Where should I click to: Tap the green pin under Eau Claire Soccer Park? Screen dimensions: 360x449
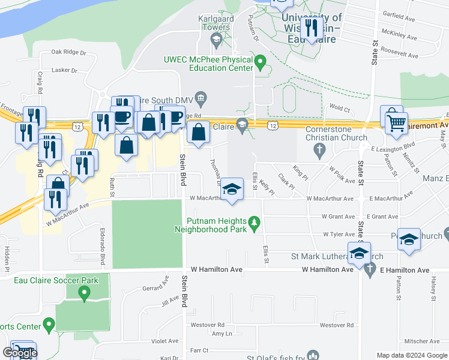(84, 293)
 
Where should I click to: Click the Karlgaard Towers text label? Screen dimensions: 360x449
(214, 23)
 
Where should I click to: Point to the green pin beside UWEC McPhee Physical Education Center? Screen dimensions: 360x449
(261, 61)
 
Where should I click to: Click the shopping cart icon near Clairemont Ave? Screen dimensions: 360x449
(396, 124)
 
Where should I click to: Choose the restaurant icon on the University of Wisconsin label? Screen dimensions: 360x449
(311, 28)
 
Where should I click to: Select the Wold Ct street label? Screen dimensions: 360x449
(339, 109)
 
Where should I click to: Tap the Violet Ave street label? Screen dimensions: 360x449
(164, 341)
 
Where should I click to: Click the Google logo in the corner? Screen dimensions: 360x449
(20, 353)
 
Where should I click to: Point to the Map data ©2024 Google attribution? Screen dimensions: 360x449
(412, 355)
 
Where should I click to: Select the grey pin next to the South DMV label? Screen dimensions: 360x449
(202, 97)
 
